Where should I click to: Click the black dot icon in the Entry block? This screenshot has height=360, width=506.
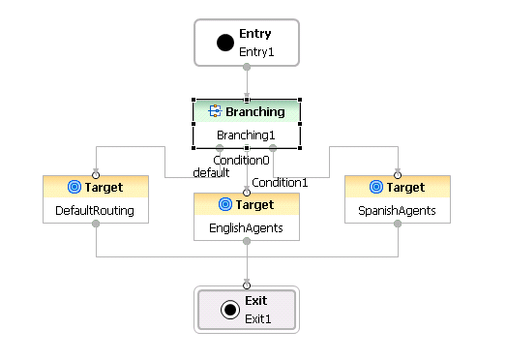[x=225, y=43]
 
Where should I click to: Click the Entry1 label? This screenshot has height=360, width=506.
[x=256, y=51]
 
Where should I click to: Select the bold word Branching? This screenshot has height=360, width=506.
[x=255, y=112]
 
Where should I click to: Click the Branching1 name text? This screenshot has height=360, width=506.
[x=246, y=135]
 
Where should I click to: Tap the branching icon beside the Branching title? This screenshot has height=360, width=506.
[x=216, y=112]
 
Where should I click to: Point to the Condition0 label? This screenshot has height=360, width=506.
[x=241, y=160]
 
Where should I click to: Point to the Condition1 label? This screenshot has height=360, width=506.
[x=280, y=182]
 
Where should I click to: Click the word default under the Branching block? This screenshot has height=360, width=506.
[x=211, y=172]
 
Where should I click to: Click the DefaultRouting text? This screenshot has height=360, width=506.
[x=96, y=209]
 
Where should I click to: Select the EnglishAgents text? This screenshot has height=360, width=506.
[x=246, y=226]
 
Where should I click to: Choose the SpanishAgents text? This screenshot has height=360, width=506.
[x=398, y=209]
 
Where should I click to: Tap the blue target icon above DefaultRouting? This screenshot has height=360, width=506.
[x=74, y=187]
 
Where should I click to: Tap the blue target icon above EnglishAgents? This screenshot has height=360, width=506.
[x=225, y=204]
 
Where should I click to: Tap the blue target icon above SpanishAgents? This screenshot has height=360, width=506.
[x=377, y=187]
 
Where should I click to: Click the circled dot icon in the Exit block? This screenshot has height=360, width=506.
[x=229, y=309]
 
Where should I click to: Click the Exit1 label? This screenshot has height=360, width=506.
[x=257, y=317]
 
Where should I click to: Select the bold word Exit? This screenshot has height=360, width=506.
[x=255, y=301]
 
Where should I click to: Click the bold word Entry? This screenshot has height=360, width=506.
[x=254, y=34]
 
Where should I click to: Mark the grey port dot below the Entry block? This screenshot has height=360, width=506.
[x=247, y=67]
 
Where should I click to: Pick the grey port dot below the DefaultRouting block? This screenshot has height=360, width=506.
[x=96, y=224]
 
